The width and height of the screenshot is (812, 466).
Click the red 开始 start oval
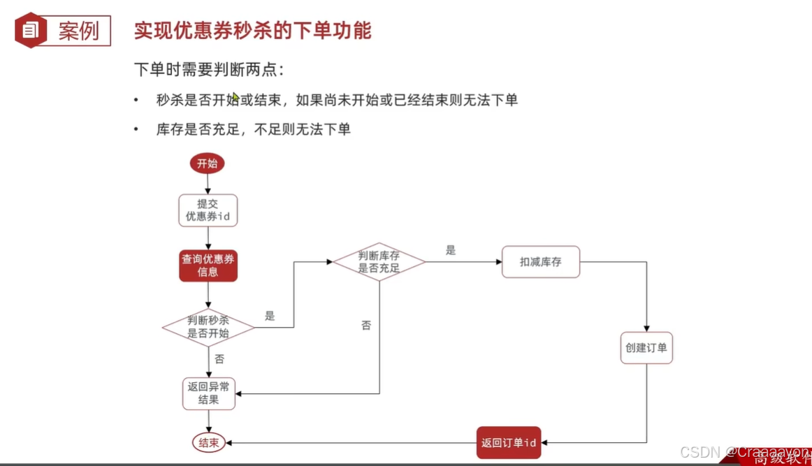coord(207,163)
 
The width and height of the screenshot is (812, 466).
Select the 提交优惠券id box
coord(208,210)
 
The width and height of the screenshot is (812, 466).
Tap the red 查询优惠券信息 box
coord(208,265)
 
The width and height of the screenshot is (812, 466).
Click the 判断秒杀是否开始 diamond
coord(208,327)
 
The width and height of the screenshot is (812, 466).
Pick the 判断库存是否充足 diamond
coord(379,262)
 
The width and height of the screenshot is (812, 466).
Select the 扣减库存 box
coord(540,262)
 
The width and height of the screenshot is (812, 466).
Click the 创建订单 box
coord(646,348)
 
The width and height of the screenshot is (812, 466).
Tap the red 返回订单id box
coord(509,443)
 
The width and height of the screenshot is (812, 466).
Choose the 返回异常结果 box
coord(208,393)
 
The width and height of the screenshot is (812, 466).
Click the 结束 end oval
coord(208,443)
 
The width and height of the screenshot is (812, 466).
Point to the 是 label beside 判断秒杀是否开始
coord(270,316)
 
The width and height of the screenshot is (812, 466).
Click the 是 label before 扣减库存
coord(450,250)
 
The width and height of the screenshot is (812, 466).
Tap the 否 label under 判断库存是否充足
coord(366,326)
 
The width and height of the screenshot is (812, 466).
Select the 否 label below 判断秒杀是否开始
coord(219,359)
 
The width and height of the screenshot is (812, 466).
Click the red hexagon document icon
coord(30,30)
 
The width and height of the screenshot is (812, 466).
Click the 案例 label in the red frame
coord(78,31)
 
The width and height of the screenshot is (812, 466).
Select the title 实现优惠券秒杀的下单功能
coord(252,31)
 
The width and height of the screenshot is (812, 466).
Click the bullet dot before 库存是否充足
coord(136,129)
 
